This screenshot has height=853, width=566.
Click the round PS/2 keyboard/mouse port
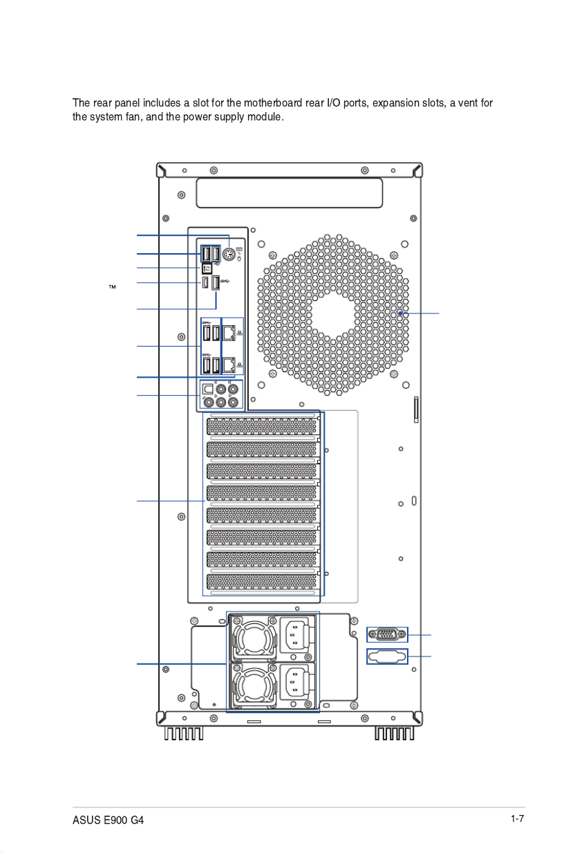[x=229, y=254]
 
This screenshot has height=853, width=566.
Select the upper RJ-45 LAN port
[x=229, y=333]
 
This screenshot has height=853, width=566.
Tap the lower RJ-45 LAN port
[x=229, y=365]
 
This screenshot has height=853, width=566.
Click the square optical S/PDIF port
[x=208, y=389]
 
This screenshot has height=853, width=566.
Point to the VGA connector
[x=387, y=634]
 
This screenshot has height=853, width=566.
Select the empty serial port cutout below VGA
[x=387, y=656]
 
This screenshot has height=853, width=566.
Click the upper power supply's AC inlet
[x=295, y=635]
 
